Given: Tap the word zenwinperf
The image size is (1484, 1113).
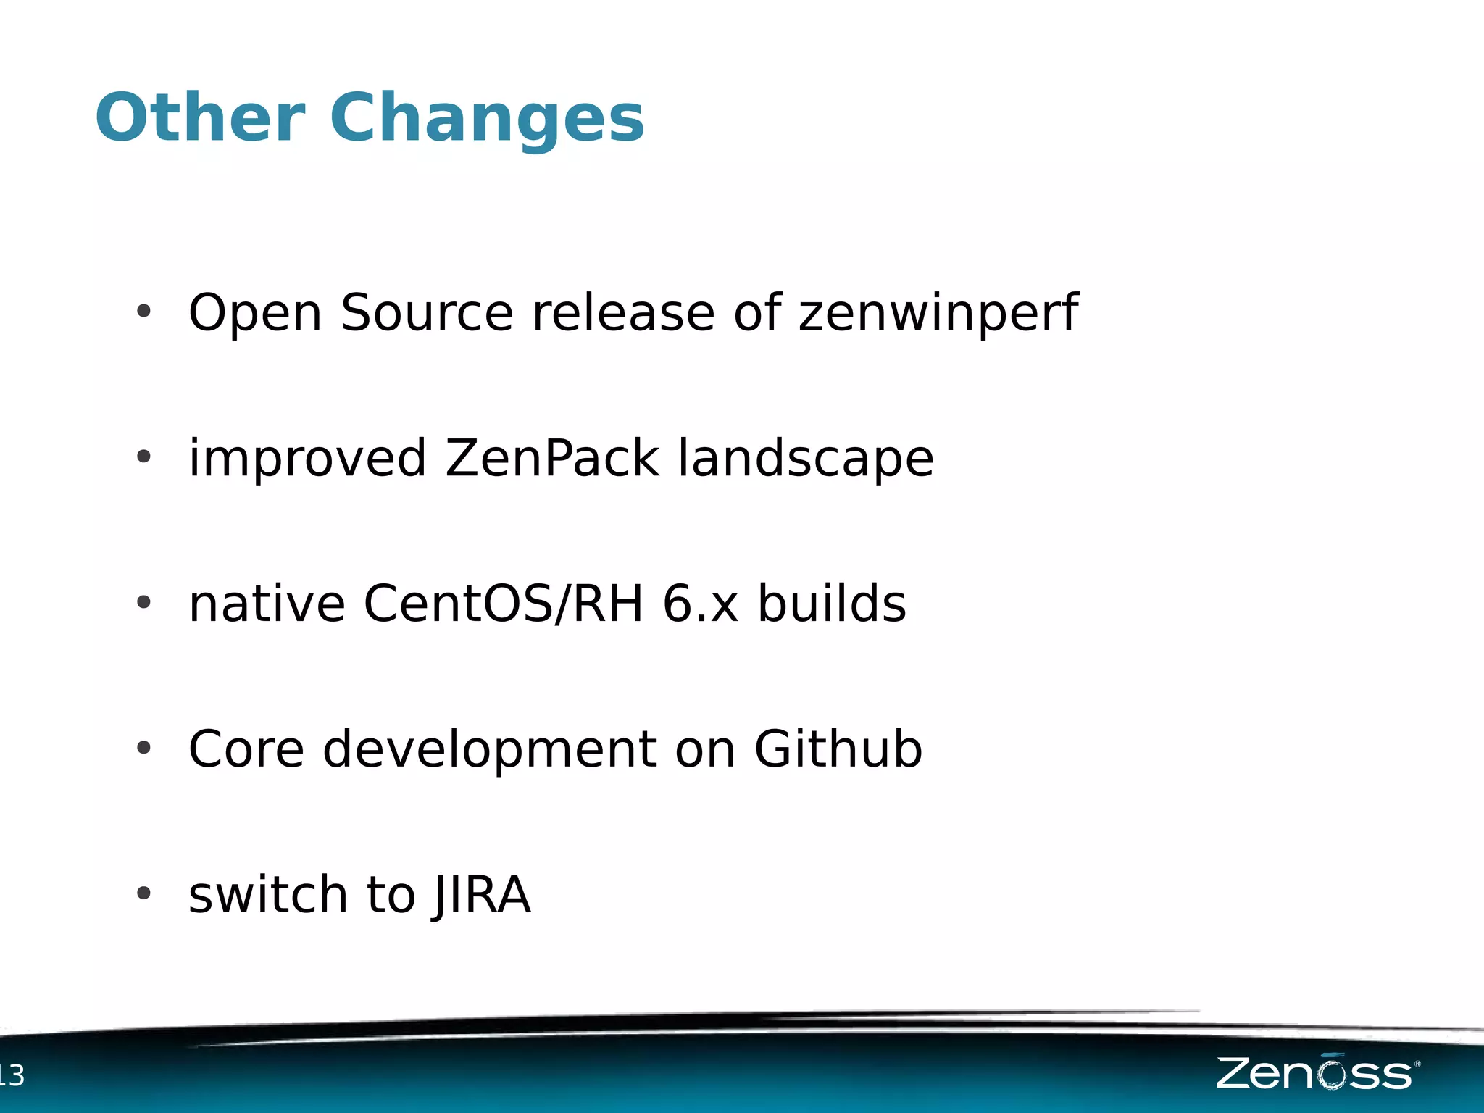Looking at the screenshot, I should click(938, 313).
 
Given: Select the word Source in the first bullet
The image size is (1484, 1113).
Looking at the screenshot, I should click(427, 313).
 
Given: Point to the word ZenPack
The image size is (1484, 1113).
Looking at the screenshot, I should click(551, 459).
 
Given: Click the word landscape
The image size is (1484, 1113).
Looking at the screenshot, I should click(806, 460).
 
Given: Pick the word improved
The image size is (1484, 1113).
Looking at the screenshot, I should click(307, 460).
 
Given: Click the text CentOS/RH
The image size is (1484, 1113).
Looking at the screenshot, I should click(503, 604).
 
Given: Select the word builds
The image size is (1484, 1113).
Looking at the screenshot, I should click(832, 604).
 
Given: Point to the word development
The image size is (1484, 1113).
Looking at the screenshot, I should click(490, 751).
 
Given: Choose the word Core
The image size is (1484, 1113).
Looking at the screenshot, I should click(246, 749).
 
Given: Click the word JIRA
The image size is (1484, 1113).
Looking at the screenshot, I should click(483, 896).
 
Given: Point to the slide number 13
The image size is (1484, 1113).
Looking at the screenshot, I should click(11, 1075).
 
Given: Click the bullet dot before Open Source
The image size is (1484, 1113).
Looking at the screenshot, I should click(143, 312).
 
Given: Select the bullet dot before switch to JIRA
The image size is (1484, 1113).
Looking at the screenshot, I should click(143, 893).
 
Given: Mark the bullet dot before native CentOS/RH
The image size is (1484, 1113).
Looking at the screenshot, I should click(143, 602).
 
